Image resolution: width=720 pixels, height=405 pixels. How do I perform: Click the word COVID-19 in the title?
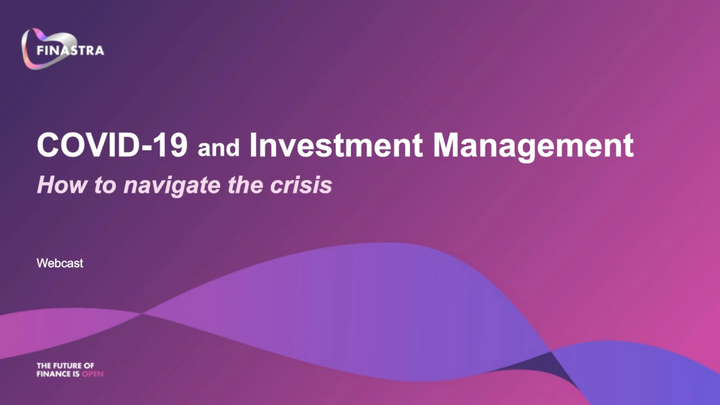[112, 145]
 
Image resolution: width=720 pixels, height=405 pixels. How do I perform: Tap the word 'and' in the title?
[219, 147]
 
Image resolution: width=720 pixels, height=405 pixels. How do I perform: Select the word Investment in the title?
[336, 145]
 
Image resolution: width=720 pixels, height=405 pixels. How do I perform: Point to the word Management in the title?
[533, 147]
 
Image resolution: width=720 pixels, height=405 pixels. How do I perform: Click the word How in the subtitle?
[62, 185]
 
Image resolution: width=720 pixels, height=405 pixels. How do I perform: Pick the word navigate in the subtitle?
[172, 186]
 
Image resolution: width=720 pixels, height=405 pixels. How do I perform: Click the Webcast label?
[60, 263]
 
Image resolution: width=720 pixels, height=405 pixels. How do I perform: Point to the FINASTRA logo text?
[70, 51]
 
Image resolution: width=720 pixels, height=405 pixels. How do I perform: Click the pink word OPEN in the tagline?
[93, 374]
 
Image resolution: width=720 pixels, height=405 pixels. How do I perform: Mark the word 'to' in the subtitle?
[105, 186]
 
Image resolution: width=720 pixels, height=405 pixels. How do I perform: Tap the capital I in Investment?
[253, 145]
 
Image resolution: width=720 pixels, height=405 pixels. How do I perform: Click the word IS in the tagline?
[76, 374]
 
